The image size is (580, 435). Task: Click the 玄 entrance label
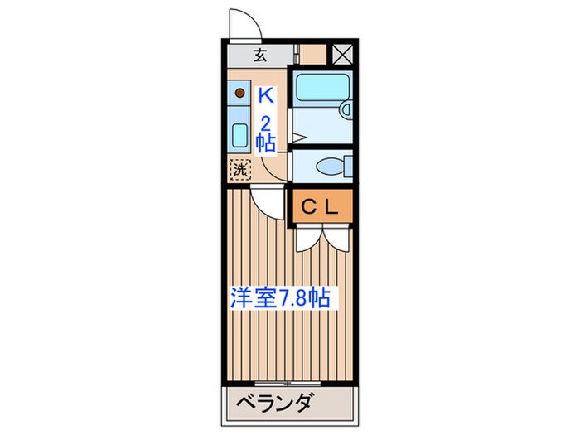tap(259, 56)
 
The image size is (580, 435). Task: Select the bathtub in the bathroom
tap(321, 85)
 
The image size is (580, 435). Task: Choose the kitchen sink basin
tap(239, 134)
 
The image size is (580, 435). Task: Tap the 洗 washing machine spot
tap(239, 169)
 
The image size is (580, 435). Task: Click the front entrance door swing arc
tap(245, 22)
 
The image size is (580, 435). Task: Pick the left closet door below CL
tap(306, 238)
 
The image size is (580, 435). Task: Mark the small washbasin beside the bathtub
tap(346, 109)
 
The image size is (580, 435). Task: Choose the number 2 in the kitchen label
tap(265, 122)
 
